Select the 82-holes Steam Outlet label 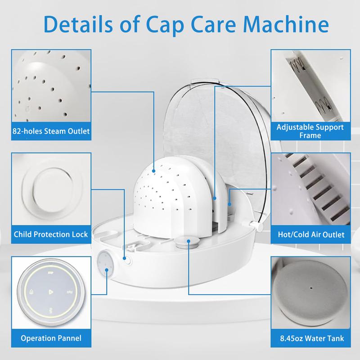(51, 131)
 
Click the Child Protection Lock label (51, 234)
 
